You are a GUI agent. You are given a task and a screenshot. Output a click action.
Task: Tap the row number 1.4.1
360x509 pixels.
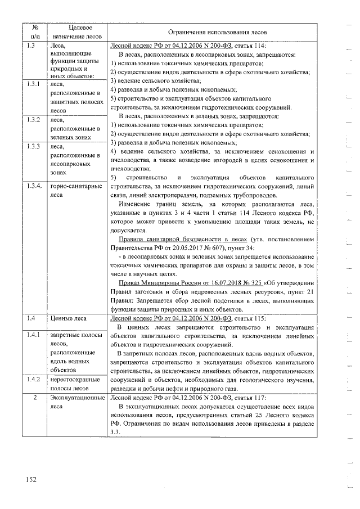(33, 335)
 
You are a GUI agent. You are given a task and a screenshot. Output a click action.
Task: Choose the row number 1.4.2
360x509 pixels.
(33, 380)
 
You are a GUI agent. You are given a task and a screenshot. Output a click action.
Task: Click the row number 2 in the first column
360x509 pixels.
(35, 398)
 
